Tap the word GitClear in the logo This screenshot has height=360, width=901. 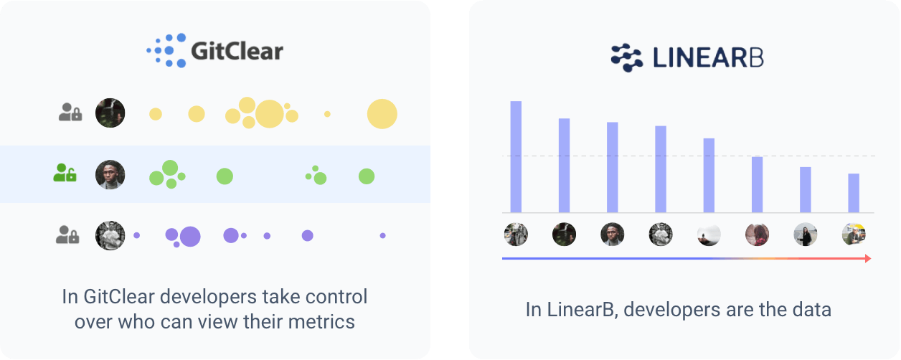pyautogui.click(x=237, y=52)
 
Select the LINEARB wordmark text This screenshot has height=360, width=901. pyautogui.click(x=707, y=58)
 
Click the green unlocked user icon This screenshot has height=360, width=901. pyautogui.click(x=65, y=173)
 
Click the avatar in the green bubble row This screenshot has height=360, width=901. pyautogui.click(x=110, y=174)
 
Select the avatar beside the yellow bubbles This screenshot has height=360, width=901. pyautogui.click(x=110, y=113)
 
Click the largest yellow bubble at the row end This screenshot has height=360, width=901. pyautogui.click(x=382, y=114)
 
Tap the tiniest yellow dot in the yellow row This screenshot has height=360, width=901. pyautogui.click(x=327, y=114)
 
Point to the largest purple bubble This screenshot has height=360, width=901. pyautogui.click(x=190, y=236)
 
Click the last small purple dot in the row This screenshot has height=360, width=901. pyautogui.click(x=382, y=235)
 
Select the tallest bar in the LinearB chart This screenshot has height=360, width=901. pyautogui.click(x=516, y=156)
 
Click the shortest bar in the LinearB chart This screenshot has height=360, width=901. pyautogui.click(x=854, y=193)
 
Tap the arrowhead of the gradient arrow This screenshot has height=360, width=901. pyautogui.click(x=868, y=258)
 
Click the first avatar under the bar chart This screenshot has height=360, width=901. pyautogui.click(x=516, y=234)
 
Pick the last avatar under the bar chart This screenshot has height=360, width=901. pyautogui.click(x=854, y=234)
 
